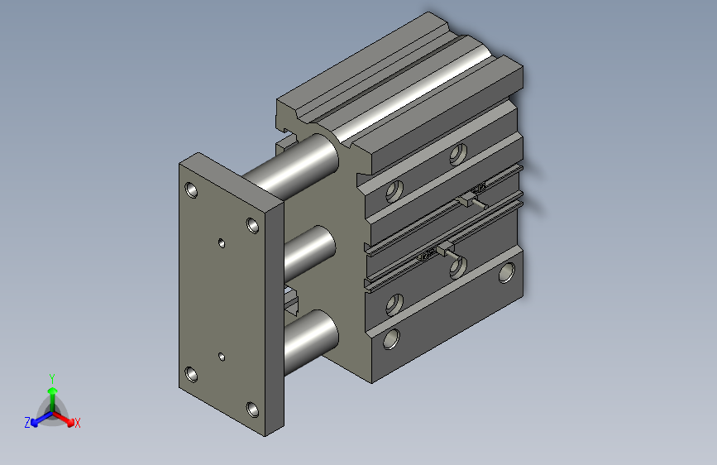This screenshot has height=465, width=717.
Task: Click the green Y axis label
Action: point(51,377)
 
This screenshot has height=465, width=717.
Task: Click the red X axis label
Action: point(78,423)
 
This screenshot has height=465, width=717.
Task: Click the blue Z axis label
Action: point(27,423)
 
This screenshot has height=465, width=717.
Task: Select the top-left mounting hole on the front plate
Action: point(193,190)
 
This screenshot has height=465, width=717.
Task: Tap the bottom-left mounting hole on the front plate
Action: point(193,375)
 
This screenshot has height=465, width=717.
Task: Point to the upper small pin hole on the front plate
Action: point(221,242)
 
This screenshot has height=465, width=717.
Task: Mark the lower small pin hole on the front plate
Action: point(221,357)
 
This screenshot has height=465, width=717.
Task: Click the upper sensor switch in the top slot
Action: point(472,197)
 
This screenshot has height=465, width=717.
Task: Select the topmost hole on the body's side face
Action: point(457,153)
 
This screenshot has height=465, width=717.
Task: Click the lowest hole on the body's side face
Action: point(391,338)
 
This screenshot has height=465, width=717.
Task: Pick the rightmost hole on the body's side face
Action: point(505,271)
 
